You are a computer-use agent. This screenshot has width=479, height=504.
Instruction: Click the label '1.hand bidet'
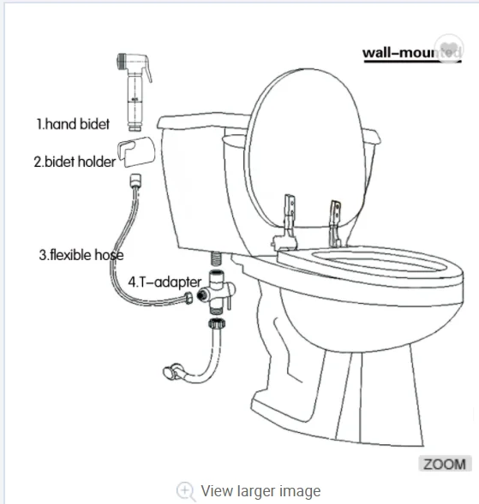73,125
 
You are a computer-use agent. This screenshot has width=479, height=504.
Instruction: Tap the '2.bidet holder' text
74,161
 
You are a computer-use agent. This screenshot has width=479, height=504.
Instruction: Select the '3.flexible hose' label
81,254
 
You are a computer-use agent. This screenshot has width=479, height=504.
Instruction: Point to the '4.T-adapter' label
165,281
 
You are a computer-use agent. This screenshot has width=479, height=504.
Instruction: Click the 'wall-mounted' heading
410,53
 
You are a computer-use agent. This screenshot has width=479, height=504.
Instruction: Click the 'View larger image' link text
260,491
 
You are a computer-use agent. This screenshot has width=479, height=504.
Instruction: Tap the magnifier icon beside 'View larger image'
185,491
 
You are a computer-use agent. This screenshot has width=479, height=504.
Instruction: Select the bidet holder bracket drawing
134,151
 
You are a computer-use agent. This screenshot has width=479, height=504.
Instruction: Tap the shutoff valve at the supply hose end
171,372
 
